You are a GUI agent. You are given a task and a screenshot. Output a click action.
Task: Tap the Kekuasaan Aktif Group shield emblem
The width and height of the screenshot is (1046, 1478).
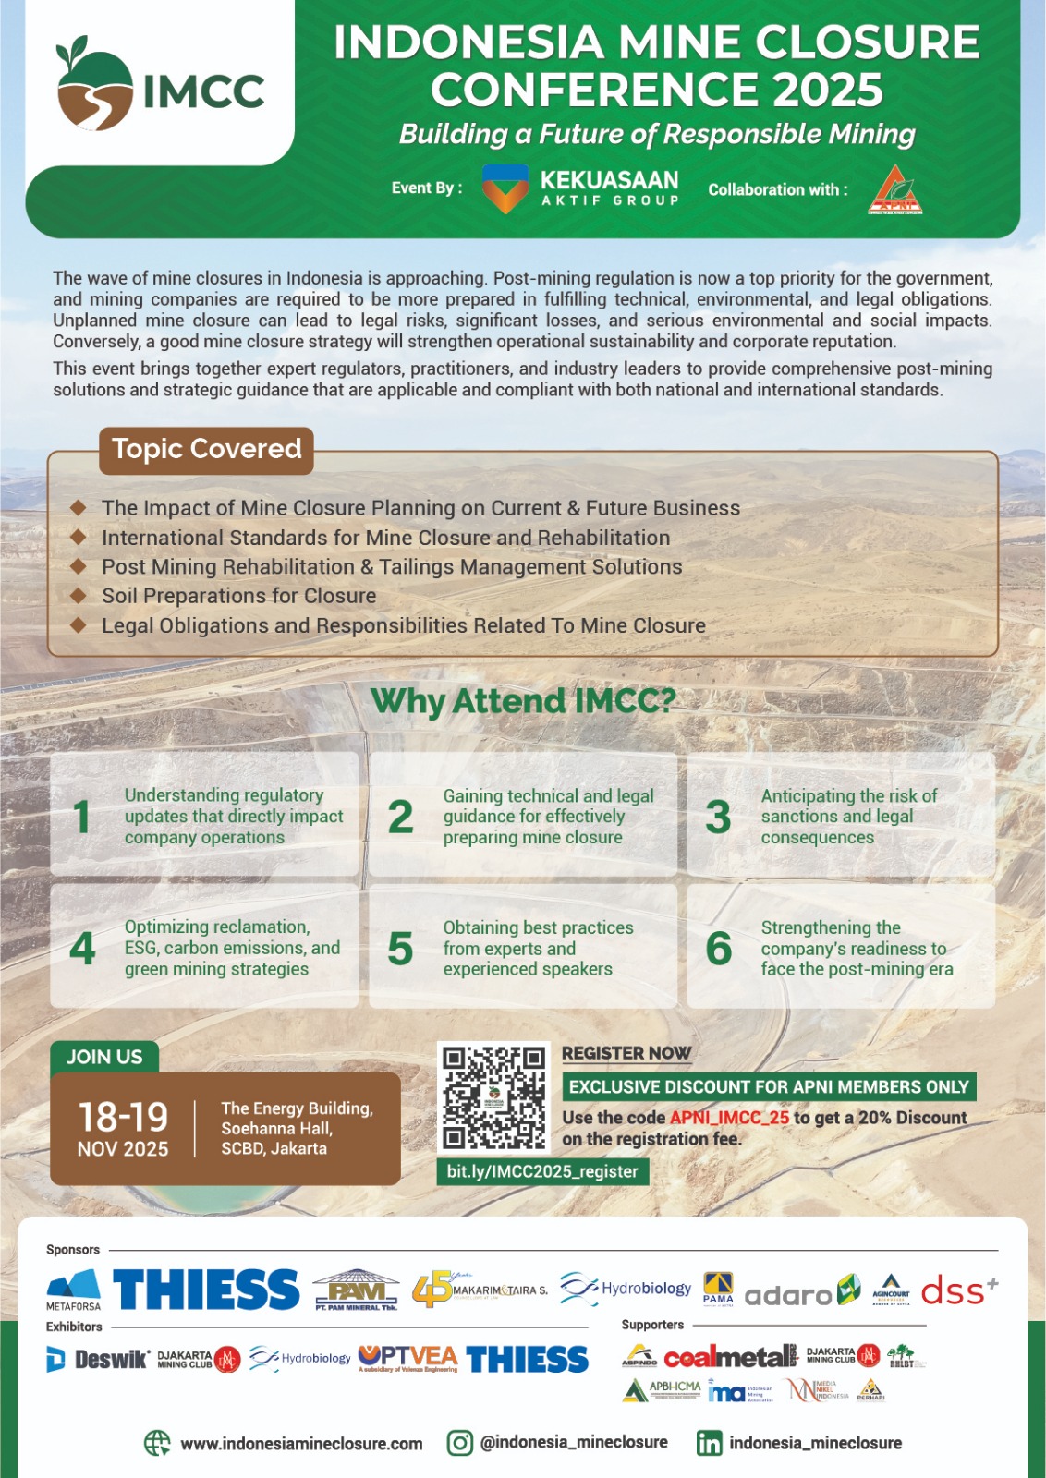tap(505, 188)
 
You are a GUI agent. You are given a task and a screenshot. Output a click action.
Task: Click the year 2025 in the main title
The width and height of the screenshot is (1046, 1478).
tap(828, 91)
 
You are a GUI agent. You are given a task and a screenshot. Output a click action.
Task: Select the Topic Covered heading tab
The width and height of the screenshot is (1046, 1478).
tap(206, 449)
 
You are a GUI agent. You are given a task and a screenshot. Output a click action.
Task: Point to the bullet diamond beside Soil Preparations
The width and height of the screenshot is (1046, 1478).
tap(79, 595)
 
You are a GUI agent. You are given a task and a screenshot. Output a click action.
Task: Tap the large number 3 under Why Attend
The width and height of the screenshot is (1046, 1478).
tap(718, 817)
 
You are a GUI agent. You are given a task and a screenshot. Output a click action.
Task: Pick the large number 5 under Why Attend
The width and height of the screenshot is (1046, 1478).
tap(400, 949)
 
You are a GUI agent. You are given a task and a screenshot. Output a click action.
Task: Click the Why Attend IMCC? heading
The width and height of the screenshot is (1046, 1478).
tap(523, 701)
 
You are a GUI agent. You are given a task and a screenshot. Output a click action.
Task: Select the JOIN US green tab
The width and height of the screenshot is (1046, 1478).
tap(104, 1057)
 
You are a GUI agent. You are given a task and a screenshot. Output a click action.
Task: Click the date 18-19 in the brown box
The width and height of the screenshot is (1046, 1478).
tap(123, 1117)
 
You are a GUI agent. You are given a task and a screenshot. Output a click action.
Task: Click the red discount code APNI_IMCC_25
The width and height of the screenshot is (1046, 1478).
tap(729, 1118)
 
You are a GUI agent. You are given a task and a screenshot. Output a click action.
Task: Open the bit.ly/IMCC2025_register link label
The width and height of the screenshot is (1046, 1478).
tap(542, 1171)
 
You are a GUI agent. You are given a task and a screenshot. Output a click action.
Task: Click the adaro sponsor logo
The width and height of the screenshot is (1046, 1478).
tap(789, 1294)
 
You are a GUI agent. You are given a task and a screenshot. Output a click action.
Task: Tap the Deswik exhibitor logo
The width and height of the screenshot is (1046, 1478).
tap(98, 1359)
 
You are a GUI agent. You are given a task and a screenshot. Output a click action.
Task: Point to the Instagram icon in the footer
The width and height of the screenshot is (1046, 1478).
tap(459, 1443)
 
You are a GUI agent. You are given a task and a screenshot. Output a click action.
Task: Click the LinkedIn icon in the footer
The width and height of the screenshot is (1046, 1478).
tap(709, 1444)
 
